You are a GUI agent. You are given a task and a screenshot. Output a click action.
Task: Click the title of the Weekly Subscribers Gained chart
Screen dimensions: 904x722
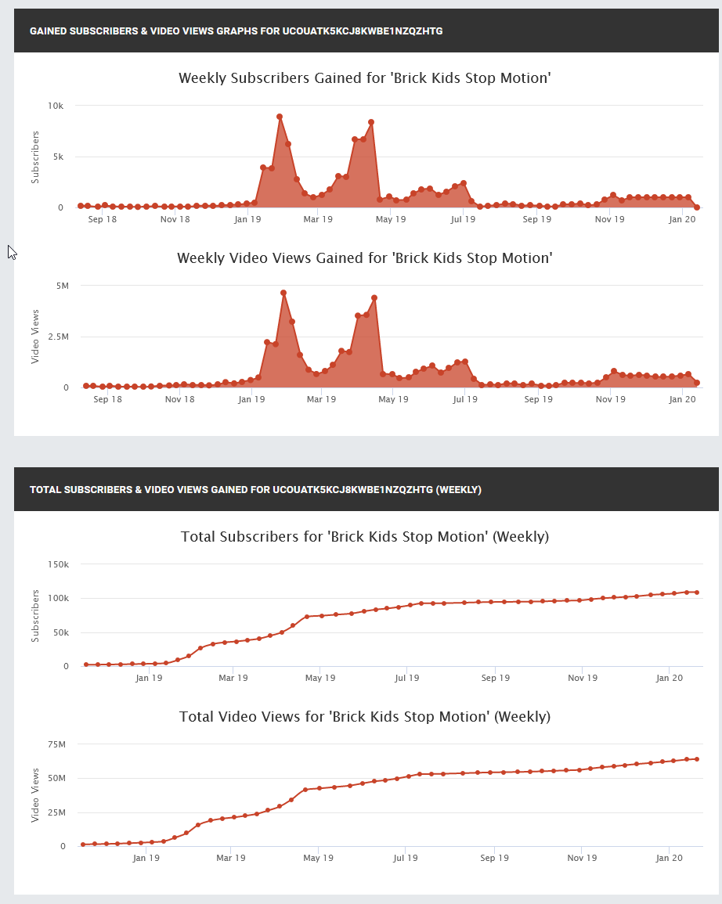[364, 78]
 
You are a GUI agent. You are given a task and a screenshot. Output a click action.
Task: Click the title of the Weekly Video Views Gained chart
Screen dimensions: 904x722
[364, 258]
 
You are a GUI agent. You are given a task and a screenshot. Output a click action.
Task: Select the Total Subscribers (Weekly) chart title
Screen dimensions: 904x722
[364, 537]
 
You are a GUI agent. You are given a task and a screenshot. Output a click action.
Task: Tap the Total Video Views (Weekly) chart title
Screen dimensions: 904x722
[364, 717]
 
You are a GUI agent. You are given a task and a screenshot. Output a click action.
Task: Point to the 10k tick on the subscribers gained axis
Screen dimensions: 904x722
[56, 106]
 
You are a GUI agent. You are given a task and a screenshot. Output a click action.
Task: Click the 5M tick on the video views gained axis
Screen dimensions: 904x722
[62, 286]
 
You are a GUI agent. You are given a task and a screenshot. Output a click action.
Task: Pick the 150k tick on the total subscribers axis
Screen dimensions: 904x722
[58, 564]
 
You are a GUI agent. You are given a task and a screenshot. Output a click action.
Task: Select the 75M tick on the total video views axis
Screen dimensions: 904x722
[60, 744]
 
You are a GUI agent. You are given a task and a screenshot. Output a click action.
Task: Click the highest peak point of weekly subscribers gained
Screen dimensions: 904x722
[280, 117]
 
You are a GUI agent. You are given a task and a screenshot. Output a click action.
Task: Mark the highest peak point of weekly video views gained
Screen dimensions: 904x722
[283, 293]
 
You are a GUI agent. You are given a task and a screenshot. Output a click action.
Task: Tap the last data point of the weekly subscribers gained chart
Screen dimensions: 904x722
[697, 207]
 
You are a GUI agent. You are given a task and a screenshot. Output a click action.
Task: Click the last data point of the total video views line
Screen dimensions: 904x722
[696, 759]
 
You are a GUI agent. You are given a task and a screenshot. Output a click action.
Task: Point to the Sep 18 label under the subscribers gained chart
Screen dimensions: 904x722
[103, 220]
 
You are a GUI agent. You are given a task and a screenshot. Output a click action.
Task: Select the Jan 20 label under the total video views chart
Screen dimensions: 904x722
[669, 858]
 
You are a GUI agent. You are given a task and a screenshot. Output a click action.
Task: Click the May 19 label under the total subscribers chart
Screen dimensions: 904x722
[319, 678]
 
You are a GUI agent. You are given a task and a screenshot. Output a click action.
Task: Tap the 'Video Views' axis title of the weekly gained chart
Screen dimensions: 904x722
[34, 336]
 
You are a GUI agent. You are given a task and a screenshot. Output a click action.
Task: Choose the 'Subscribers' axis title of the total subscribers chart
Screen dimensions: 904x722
[34, 616]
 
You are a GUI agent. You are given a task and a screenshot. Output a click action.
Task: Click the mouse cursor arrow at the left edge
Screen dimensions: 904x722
[11, 251]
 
